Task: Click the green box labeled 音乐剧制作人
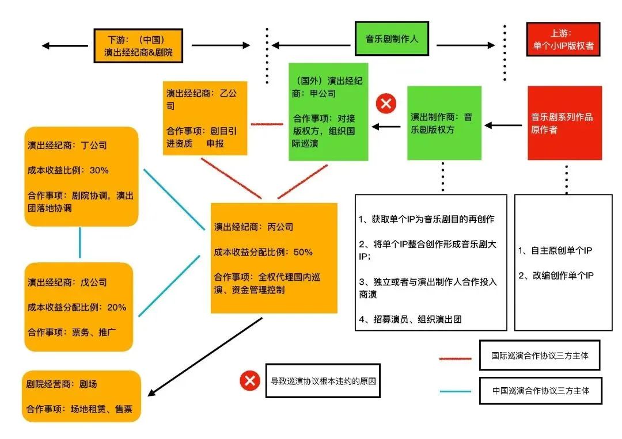[392, 39]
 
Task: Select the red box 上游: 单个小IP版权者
[563, 40]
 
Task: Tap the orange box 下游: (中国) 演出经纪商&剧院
[138, 45]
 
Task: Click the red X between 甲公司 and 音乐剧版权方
[386, 104]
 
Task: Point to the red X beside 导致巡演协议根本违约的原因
[250, 380]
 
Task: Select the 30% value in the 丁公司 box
[99, 170]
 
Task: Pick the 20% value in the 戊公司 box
[116, 307]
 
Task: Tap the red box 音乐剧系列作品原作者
[564, 123]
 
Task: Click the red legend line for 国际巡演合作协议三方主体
[456, 358]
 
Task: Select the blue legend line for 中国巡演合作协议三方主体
[456, 391]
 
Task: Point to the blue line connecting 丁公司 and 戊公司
[79, 243]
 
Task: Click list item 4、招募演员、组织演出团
[410, 319]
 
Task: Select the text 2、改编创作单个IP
[556, 276]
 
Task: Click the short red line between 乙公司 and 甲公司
[267, 123]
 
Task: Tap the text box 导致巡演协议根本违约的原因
[323, 380]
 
